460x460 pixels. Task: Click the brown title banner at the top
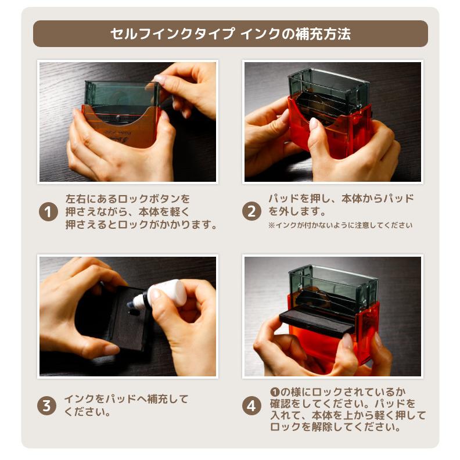click(231, 34)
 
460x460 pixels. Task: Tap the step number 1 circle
click(48, 212)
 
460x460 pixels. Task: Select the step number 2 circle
click(251, 211)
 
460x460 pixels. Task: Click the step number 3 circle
click(46, 406)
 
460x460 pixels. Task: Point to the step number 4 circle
click(251, 406)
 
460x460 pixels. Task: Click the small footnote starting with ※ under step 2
click(340, 225)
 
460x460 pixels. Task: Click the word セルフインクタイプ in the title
click(173, 34)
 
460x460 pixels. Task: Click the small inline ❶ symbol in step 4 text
click(274, 391)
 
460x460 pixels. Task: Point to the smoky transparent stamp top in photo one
click(122, 94)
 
